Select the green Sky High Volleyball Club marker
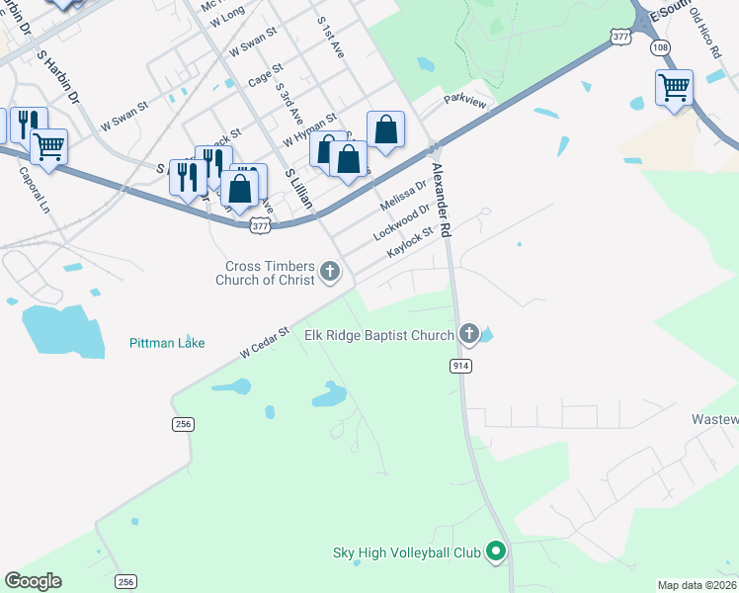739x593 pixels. pyautogui.click(x=498, y=552)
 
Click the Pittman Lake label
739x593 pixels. pyautogui.click(x=167, y=343)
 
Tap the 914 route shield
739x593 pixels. pyautogui.click(x=460, y=366)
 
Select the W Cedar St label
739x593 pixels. pyautogui.click(x=264, y=342)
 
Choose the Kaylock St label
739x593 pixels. pyautogui.click(x=411, y=242)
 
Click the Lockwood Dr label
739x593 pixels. pyautogui.click(x=402, y=222)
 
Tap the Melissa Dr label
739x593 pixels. pyautogui.click(x=403, y=195)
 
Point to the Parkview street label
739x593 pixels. pyautogui.click(x=465, y=99)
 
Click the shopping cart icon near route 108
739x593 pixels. pyautogui.click(x=674, y=87)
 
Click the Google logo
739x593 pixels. pyautogui.click(x=33, y=581)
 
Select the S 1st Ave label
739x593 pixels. pyautogui.click(x=330, y=38)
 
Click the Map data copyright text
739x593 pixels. pyautogui.click(x=697, y=585)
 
